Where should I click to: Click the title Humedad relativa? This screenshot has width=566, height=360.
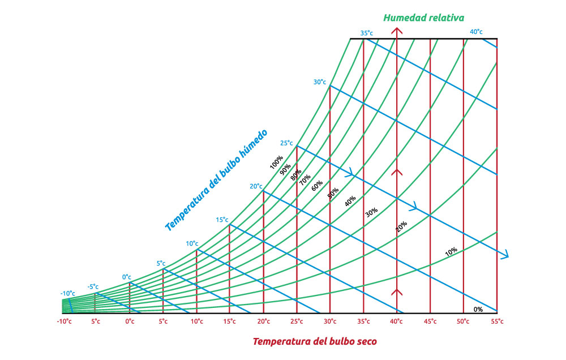point(424,18)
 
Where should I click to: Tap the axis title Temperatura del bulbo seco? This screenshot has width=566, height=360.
point(314,341)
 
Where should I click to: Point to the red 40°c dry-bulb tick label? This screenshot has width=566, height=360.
point(396,322)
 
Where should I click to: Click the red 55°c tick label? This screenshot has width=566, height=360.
point(496,322)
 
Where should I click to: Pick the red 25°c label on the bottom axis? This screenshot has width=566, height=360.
point(297,322)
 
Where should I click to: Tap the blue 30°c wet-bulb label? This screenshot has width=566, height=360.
point(320,82)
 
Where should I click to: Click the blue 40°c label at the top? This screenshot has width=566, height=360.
point(476,32)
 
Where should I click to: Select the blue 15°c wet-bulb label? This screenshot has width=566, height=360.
point(222,220)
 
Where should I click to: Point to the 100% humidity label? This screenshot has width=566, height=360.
point(276,163)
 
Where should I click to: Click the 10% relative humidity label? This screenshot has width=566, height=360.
point(451,251)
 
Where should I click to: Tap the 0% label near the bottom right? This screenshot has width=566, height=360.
point(478,310)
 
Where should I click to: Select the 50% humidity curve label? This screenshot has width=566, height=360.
point(333,193)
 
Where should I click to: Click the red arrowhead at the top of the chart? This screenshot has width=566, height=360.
point(397,33)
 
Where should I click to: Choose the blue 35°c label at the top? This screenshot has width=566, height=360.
point(367,33)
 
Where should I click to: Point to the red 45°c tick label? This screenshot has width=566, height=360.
point(430,322)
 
